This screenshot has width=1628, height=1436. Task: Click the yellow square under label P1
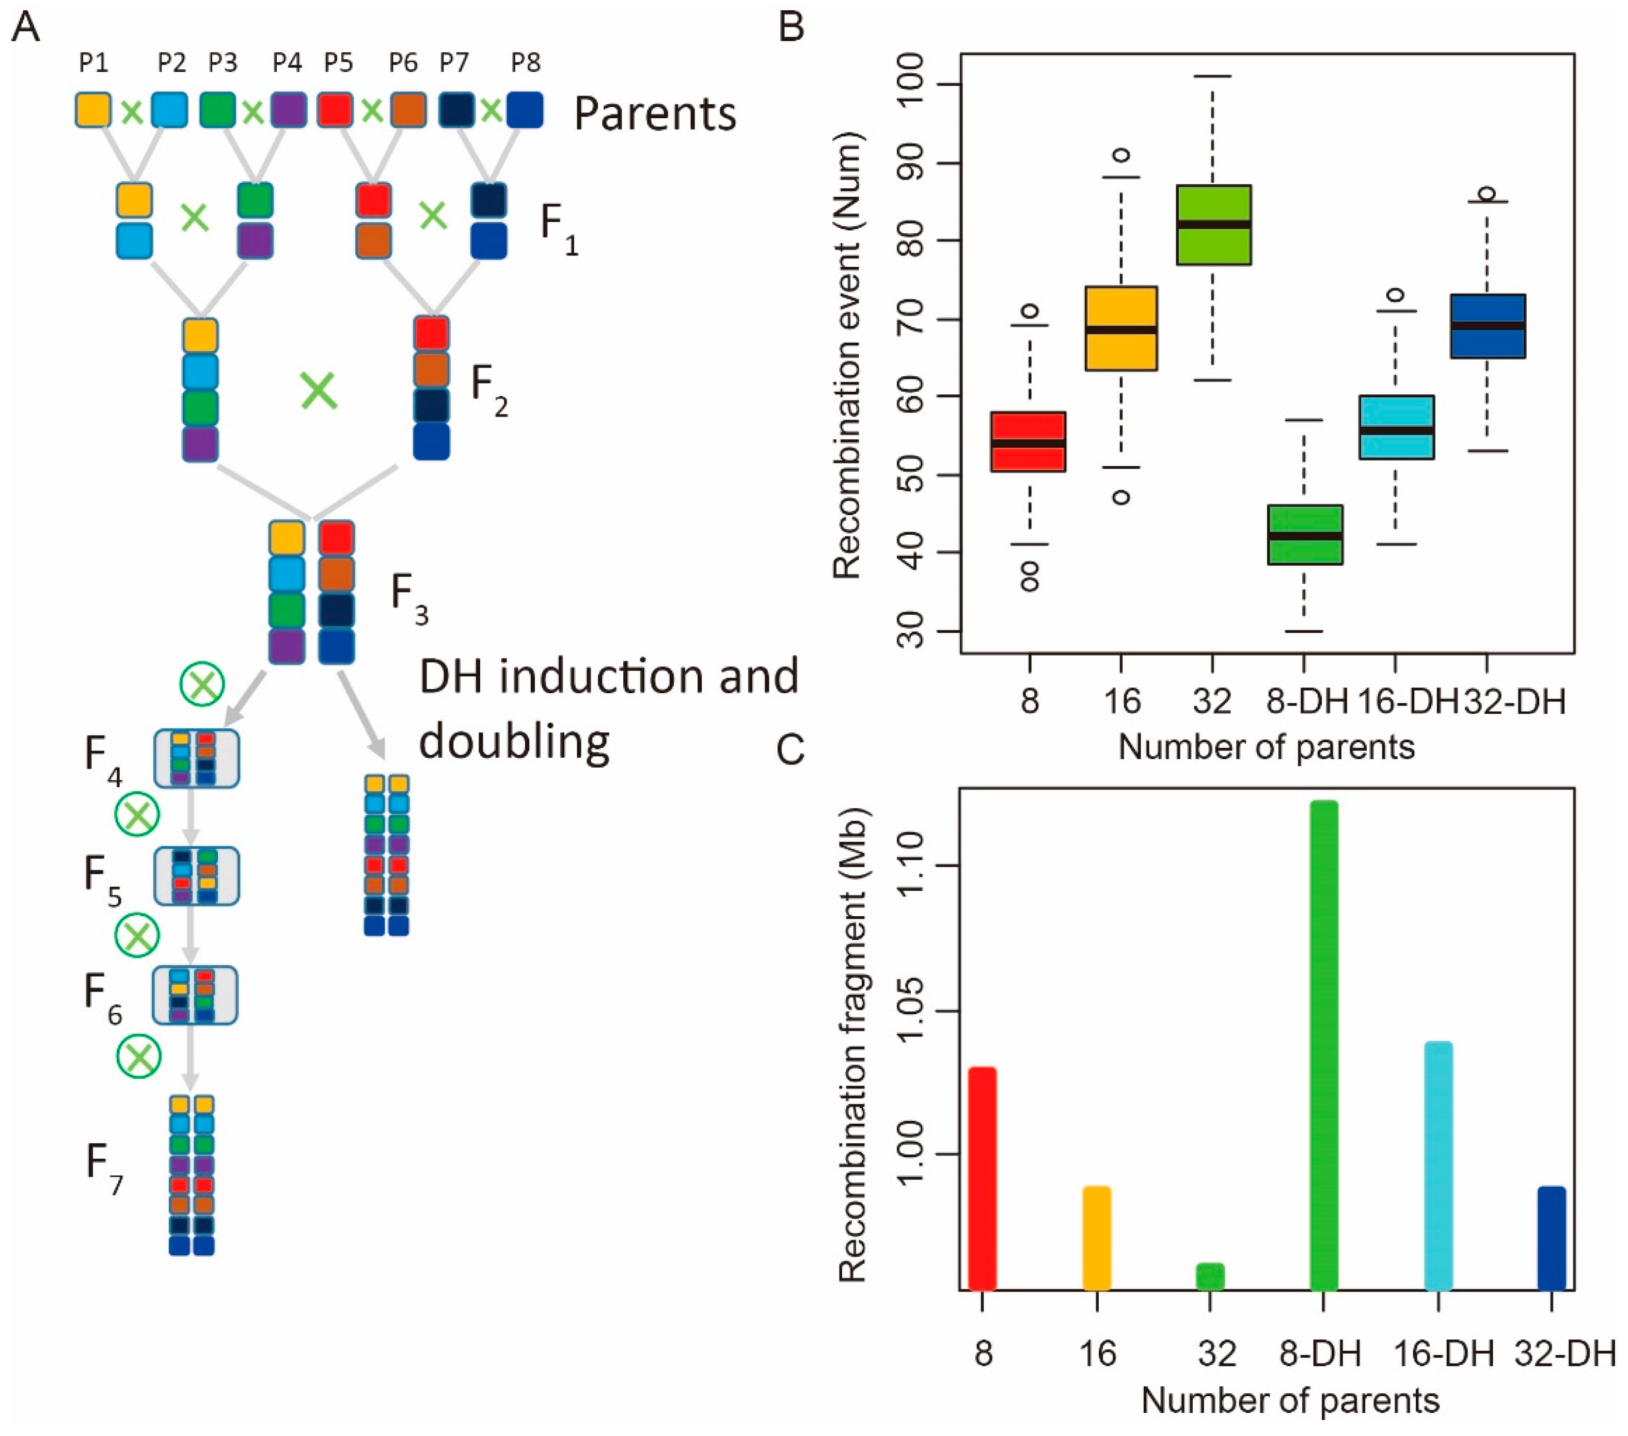pyautogui.click(x=93, y=110)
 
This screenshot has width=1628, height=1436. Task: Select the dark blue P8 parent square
pyautogui.click(x=526, y=110)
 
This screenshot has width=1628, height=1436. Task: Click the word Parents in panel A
pyautogui.click(x=655, y=114)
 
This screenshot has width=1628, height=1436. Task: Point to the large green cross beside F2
pyautogui.click(x=319, y=391)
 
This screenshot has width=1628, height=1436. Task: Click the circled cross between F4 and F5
pyautogui.click(x=138, y=815)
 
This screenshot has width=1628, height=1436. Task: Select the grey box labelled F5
pyautogui.click(x=196, y=875)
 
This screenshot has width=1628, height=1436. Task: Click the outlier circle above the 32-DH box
pyautogui.click(x=1486, y=194)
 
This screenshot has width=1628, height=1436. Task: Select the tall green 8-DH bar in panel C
pyautogui.click(x=1324, y=1045)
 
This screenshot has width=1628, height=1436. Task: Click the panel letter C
pyautogui.click(x=791, y=749)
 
